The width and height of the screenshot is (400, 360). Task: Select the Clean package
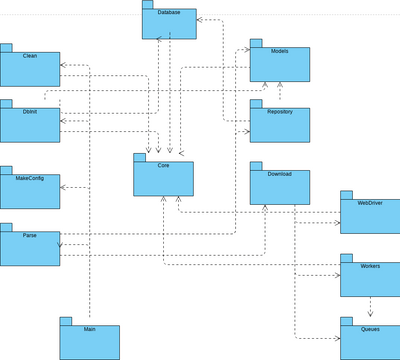pos(30,68)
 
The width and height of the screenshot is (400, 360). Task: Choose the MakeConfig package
pos(30,189)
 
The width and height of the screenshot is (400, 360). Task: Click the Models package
pos(280,64)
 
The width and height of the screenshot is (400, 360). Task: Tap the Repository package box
pos(280,123)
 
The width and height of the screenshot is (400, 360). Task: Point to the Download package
pos(280,186)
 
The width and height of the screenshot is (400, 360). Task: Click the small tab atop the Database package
pos(147,5)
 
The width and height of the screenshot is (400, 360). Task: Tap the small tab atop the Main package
pos(65,320)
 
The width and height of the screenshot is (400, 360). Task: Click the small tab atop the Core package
pos(139,156)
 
